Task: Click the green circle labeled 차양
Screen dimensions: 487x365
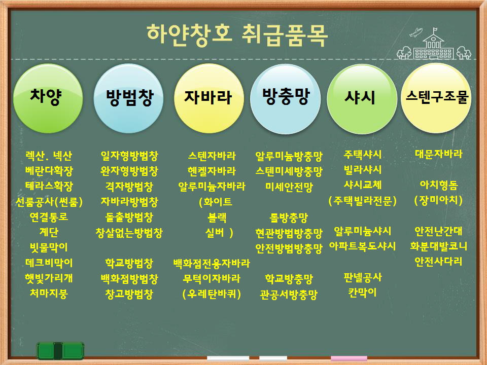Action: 48,98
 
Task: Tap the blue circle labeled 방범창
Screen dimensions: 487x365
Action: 128,98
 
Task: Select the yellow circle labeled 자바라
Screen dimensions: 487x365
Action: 208,98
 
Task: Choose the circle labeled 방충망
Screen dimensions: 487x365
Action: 286,98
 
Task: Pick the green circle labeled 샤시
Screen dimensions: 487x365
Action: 362,99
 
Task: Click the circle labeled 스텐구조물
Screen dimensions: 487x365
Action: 436,98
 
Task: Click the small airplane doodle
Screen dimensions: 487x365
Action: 415,32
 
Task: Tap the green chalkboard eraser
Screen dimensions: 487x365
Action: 60,351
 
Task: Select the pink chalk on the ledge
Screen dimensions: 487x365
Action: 349,358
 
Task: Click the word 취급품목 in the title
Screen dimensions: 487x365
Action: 285,35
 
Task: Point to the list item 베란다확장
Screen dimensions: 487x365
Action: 49,170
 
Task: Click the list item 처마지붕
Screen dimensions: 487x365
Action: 49,293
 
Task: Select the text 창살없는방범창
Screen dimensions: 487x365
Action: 129,232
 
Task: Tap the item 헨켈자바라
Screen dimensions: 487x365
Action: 212,171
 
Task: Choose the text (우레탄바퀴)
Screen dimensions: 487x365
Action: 212,294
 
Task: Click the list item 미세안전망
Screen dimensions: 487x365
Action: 289,187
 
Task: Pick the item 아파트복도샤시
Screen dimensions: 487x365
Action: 362,246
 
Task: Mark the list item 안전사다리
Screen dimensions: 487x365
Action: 438,262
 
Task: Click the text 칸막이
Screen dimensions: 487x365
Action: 362,293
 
